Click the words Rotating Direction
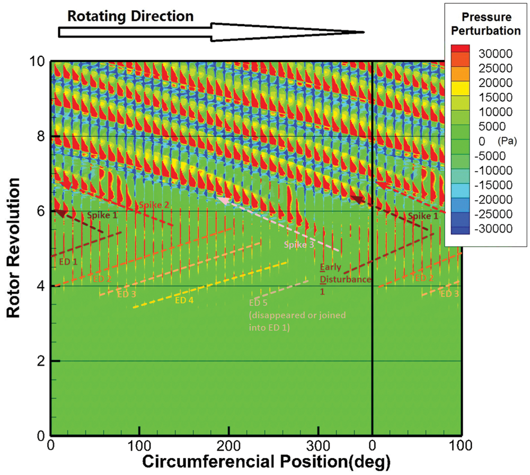click(130, 15)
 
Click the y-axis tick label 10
click(38, 61)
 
